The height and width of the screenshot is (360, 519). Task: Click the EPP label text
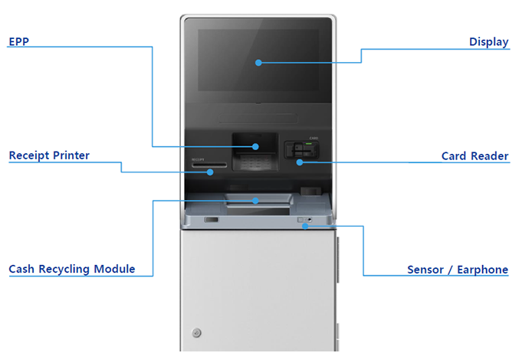(x=18, y=41)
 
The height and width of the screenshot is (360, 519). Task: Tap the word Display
(x=488, y=42)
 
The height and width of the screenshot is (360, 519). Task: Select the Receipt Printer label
(x=49, y=155)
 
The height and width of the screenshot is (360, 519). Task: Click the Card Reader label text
(x=475, y=156)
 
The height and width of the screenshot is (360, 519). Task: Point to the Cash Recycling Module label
(x=72, y=269)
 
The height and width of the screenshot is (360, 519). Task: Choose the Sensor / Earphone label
(x=458, y=270)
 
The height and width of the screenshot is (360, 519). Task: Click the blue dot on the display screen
(x=259, y=62)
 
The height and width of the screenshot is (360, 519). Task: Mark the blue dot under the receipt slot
(x=211, y=172)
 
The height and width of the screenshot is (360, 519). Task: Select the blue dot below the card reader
(x=300, y=162)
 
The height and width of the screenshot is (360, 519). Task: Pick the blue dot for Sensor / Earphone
(x=306, y=227)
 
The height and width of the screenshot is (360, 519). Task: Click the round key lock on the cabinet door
(x=197, y=332)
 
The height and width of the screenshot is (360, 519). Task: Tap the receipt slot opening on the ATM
(x=209, y=164)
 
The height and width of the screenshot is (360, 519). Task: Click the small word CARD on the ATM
(x=314, y=139)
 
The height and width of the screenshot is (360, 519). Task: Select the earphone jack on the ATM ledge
(x=310, y=221)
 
